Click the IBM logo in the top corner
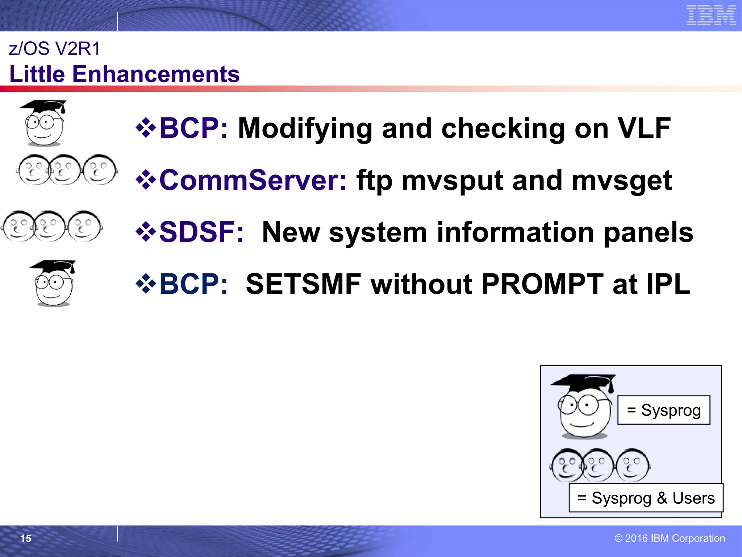click(711, 16)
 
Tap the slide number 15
click(26, 539)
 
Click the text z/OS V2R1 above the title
click(54, 49)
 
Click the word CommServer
click(253, 180)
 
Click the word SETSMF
click(304, 284)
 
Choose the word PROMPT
click(542, 284)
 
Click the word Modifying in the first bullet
click(305, 129)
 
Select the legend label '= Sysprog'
click(664, 410)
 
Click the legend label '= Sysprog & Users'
click(646, 498)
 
